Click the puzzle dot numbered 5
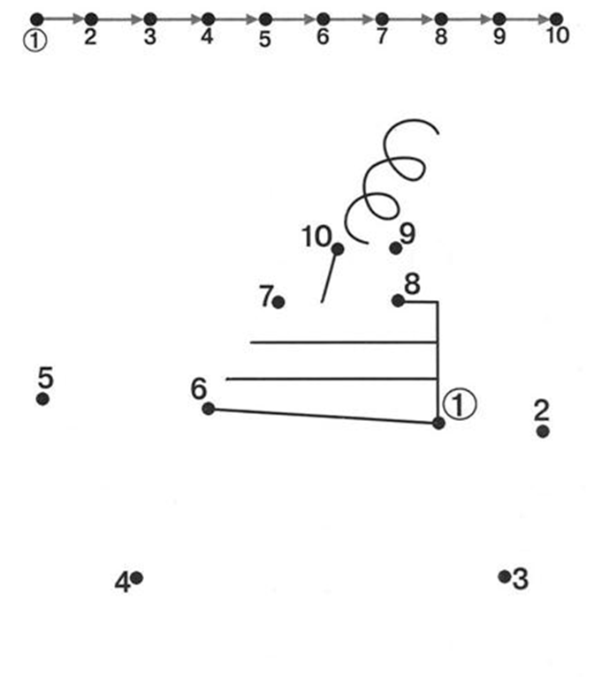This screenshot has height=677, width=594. pos(42,399)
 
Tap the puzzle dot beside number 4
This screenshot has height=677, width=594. pos(136,577)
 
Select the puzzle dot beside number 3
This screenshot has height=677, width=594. pos(504,576)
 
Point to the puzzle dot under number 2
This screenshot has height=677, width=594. pos(543,431)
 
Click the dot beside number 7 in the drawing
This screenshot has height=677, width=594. pos(278,302)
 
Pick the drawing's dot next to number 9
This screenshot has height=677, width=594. pos(395,248)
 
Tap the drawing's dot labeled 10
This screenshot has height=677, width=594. pos(338,249)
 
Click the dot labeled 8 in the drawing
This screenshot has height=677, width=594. pos(398,300)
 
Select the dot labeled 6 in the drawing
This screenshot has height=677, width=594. pos(209,409)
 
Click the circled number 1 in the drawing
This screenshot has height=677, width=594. pos(460,403)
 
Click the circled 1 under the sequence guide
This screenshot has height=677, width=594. pos(34,41)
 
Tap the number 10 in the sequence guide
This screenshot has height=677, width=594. pos(558,35)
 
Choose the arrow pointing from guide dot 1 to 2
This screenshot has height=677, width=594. pos(64,19)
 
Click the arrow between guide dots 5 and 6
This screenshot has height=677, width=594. pos(294,19)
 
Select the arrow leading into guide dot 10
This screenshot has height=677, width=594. pos(528,19)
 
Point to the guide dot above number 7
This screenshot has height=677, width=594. pos(381,19)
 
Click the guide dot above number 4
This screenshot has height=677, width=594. pos(208,19)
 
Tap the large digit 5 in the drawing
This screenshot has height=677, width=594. pos(45,377)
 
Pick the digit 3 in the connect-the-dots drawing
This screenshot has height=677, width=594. pos(520,579)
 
